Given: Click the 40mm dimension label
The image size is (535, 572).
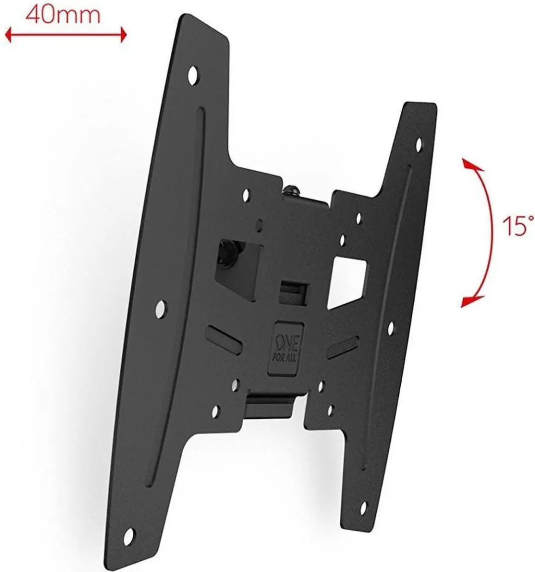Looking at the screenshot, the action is [63, 15].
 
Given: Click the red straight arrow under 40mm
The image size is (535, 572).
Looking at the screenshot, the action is [65, 35].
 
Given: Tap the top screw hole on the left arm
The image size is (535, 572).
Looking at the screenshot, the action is [193, 74].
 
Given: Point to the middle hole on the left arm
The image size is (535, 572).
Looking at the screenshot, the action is [160, 309].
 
